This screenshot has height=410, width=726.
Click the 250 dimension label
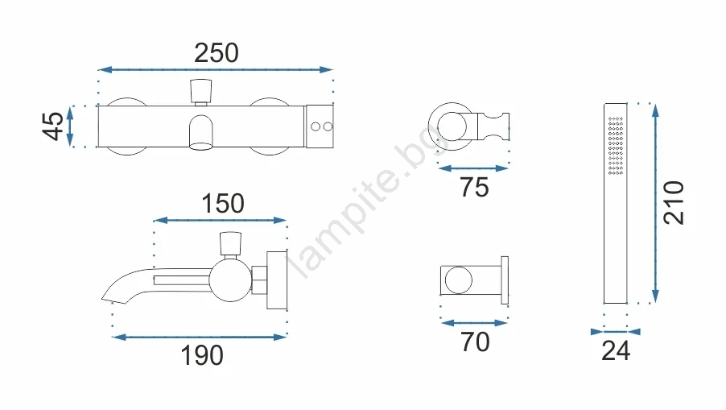[x=217, y=53]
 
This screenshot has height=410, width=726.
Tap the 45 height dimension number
[x=53, y=126]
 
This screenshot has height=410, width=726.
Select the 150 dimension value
[x=223, y=203]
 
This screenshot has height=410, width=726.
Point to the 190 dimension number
[x=202, y=355]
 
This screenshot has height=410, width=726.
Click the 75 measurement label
[x=474, y=187]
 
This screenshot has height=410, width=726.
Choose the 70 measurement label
[x=475, y=342]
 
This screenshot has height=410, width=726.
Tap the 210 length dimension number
[x=674, y=203]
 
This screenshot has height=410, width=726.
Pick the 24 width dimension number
[x=616, y=350]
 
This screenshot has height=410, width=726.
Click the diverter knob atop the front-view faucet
[x=201, y=91]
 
